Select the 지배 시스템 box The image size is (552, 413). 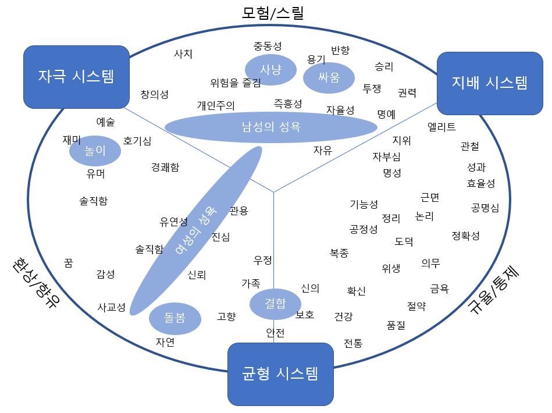point(489,83)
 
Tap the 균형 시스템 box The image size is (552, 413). point(280,373)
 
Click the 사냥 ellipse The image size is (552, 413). point(270,70)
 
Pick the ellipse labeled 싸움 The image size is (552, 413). point(329,77)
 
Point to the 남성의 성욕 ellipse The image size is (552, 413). point(271,127)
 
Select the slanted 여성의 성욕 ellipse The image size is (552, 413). point(196,230)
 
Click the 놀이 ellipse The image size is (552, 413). point(95,151)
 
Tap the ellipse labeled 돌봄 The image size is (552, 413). point(174,318)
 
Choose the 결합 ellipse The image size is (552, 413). point(275,304)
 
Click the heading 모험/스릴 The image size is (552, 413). point(273,13)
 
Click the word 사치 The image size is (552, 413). point(183,54)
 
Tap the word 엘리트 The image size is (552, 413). point(441,127)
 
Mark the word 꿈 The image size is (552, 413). point(69,263)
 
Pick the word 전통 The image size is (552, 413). point(353,343)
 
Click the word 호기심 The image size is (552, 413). point(137,141)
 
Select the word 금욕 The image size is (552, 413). point(439,289)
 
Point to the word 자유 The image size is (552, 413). point(323,150)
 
